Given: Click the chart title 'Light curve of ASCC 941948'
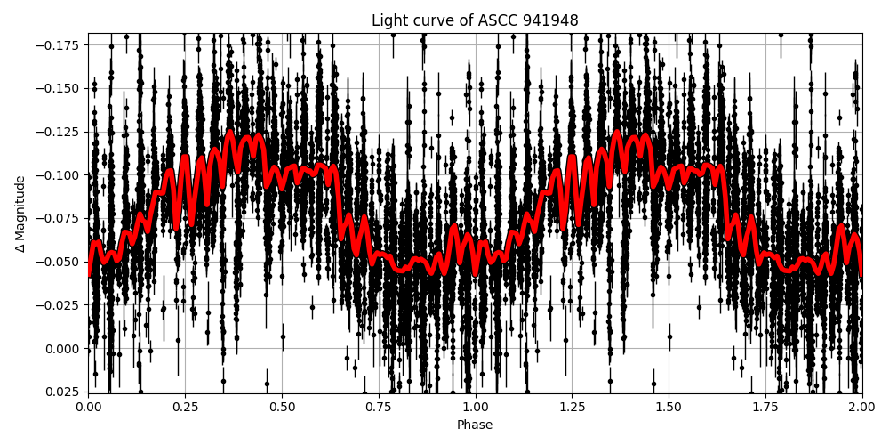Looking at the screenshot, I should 475,20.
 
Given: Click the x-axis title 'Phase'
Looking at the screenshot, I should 475,425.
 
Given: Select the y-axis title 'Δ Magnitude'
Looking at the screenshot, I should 20,214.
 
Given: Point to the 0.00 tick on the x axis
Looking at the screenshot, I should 88,407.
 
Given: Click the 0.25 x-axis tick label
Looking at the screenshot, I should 185,407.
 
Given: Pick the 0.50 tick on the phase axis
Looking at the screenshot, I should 282,407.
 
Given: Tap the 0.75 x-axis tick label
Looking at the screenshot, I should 379,407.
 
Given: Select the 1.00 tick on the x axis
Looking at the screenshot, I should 475,407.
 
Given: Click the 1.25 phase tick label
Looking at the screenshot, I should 572,407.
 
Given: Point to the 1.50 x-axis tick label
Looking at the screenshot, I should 669,407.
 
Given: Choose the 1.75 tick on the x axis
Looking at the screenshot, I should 765,407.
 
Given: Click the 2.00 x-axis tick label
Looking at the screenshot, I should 861,407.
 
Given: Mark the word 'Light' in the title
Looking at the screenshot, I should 388,20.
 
